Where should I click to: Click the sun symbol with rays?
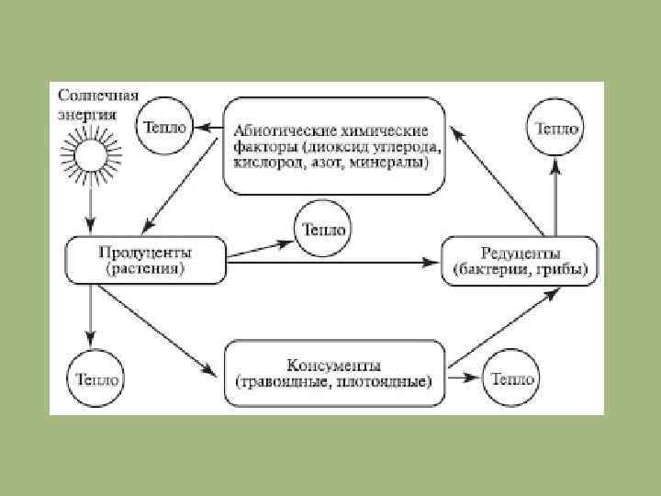(x=89, y=155)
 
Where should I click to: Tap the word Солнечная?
(x=98, y=95)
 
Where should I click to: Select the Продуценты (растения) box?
(x=144, y=260)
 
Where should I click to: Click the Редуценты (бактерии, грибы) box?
(x=520, y=262)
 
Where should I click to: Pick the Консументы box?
(x=333, y=372)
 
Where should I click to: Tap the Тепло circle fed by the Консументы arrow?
(x=510, y=378)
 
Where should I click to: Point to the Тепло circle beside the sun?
(x=164, y=127)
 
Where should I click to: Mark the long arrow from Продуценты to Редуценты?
(x=330, y=263)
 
